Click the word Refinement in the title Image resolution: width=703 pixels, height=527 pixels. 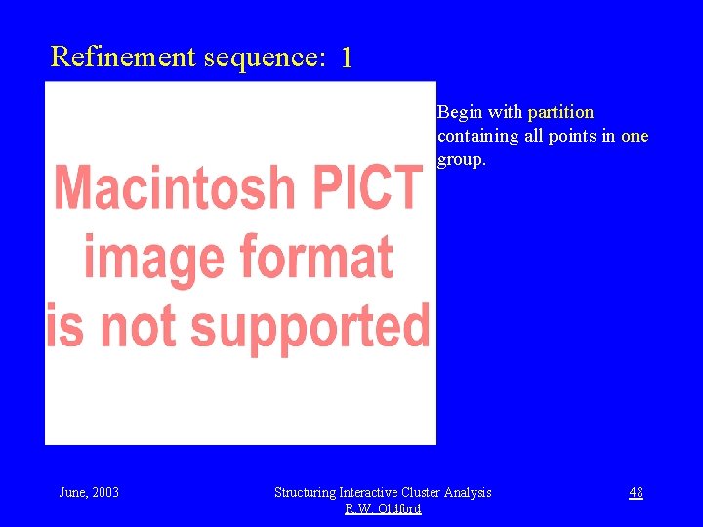[123, 57]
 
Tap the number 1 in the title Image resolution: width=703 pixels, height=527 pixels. [346, 59]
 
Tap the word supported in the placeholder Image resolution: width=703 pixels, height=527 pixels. [310, 325]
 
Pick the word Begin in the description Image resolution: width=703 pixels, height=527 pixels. [461, 113]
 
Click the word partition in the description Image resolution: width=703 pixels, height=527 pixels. [560, 113]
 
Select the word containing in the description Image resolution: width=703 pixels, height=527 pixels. [477, 136]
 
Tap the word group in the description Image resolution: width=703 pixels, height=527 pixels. [460, 159]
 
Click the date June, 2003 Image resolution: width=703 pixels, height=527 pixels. [89, 492]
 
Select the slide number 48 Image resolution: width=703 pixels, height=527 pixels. [636, 492]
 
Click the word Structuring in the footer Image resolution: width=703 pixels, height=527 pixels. [305, 492]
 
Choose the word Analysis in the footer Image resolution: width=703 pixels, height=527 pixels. [469, 492]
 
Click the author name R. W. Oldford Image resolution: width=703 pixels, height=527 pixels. [383, 508]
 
